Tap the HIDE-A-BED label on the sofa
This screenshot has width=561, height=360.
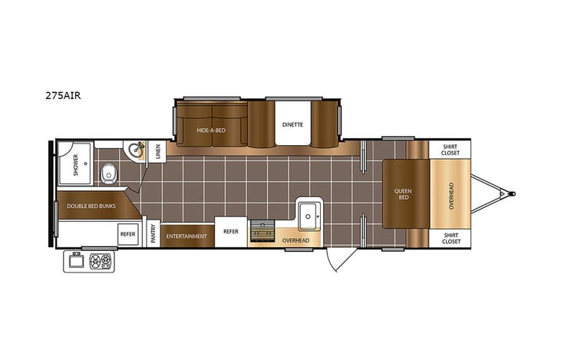[210, 130]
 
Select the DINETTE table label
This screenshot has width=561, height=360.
[292, 124]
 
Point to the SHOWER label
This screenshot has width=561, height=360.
[76, 166]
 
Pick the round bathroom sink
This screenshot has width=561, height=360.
[137, 150]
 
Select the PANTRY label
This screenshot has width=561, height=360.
[153, 234]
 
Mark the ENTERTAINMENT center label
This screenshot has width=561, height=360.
[187, 236]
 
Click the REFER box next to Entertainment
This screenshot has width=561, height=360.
[231, 231]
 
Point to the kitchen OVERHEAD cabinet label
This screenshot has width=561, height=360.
[295, 241]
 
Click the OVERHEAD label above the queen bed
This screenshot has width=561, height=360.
[450, 195]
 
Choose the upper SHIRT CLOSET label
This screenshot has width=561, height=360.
[450, 149]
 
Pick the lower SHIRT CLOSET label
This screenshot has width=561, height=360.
[450, 239]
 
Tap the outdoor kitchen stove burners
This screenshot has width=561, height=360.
[100, 262]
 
